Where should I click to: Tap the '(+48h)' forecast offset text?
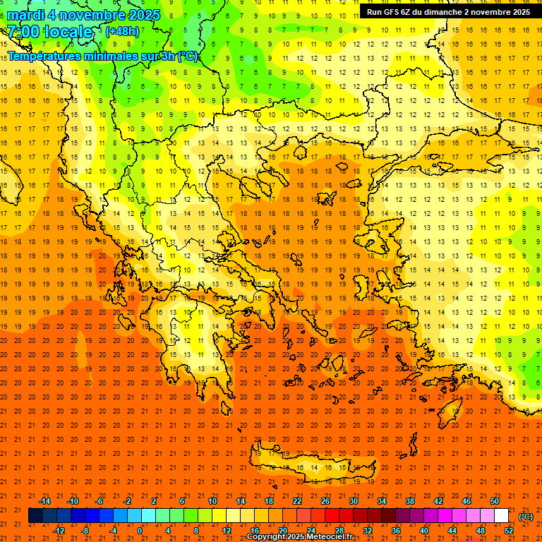pyautogui.click(x=122, y=31)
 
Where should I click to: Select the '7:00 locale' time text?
pyautogui.click(x=49, y=32)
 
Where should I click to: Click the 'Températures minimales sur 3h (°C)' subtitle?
pyautogui.click(x=103, y=56)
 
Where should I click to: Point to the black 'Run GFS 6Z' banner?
pyautogui.click(x=448, y=12)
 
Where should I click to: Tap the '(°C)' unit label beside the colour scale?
pyautogui.click(x=525, y=517)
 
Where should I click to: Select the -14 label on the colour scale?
pyautogui.click(x=44, y=501)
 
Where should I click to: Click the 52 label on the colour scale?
pyautogui.click(x=509, y=531)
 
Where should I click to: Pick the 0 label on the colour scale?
pyautogui.click(x=140, y=531)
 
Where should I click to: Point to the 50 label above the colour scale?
pyautogui.click(x=495, y=501)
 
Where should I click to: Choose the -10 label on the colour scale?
pyautogui.click(x=72, y=501)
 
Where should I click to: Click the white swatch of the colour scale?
pyautogui.click(x=502, y=516)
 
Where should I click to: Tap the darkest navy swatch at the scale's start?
pyautogui.click(x=35, y=516)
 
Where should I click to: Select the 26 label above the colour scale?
pyautogui.click(x=325, y=501)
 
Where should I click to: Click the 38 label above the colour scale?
pyautogui.click(x=410, y=501)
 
